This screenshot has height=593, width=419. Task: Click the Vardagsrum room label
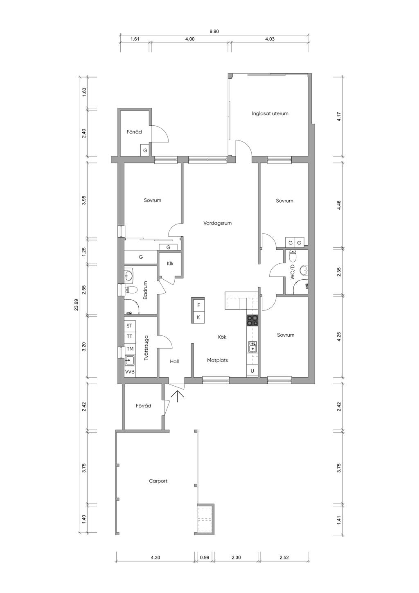pos(217,223)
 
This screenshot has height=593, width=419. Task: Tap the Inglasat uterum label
pos(270,113)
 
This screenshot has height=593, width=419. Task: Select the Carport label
pos(158,481)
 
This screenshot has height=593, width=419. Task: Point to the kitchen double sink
pos(252,347)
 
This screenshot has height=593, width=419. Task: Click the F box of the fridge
pos(198,305)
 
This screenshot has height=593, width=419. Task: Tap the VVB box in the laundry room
pos(130,372)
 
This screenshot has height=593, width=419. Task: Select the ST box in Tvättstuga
pos(129,326)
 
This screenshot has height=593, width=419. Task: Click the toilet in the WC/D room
pos(293,255)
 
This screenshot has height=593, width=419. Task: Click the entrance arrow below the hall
pos(177,396)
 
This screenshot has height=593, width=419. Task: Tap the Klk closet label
pos(170,264)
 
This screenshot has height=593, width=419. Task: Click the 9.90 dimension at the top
pos(214,32)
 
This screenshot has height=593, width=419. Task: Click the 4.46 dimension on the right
pos(339,205)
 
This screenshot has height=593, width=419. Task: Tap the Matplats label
pos(217,360)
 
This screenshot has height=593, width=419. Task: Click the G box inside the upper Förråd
pos(145,150)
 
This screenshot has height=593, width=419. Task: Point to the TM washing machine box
pos(130,349)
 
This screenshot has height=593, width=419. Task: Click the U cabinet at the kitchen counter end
pos(252,371)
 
